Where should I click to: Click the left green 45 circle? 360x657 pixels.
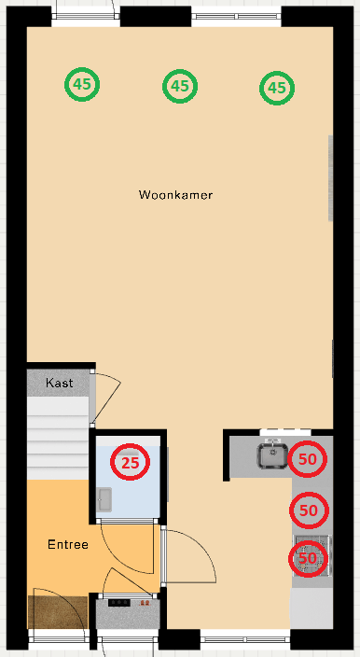point(82,84)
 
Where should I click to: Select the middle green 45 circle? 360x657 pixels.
point(180,87)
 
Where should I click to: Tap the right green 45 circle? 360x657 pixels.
point(276,88)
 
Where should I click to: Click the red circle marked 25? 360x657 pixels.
point(131,461)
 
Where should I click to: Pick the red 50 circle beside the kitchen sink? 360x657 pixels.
point(308,458)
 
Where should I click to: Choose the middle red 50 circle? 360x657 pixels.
point(309,510)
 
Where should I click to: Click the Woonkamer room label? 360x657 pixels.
point(175,195)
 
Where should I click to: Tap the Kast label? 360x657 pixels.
point(60,383)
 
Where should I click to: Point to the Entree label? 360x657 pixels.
point(68,543)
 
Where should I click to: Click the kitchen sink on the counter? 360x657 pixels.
point(272,455)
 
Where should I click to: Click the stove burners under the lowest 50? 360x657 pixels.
point(313,555)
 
